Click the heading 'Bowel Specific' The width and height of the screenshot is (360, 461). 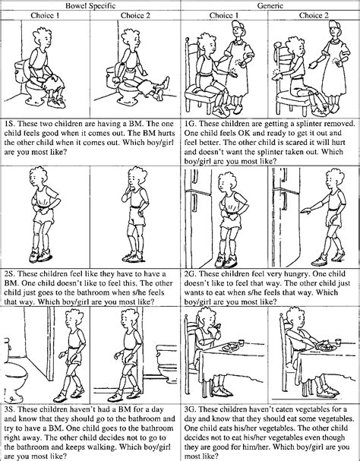[90, 5]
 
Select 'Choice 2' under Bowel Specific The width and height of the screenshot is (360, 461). [135, 15]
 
